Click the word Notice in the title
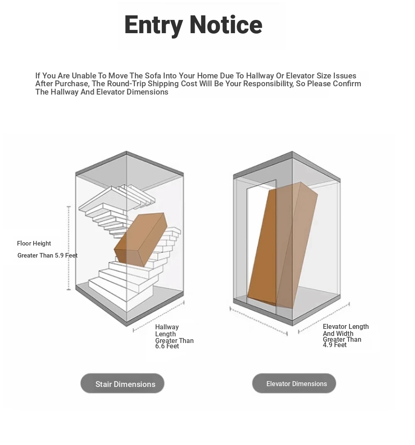click(x=226, y=25)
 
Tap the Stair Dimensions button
click(x=122, y=384)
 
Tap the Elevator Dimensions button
click(x=294, y=384)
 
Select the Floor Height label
click(x=34, y=243)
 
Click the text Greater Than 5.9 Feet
click(x=47, y=255)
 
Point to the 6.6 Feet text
click(x=167, y=346)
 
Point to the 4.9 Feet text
click(x=334, y=345)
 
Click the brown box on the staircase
click(x=141, y=240)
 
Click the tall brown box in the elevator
click(x=283, y=246)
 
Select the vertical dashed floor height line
click(x=68, y=248)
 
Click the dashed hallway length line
click(x=159, y=316)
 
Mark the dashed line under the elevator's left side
click(x=259, y=321)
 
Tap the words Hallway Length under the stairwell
click(x=167, y=331)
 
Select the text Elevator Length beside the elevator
click(x=346, y=327)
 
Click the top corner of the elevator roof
click(x=292, y=151)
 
